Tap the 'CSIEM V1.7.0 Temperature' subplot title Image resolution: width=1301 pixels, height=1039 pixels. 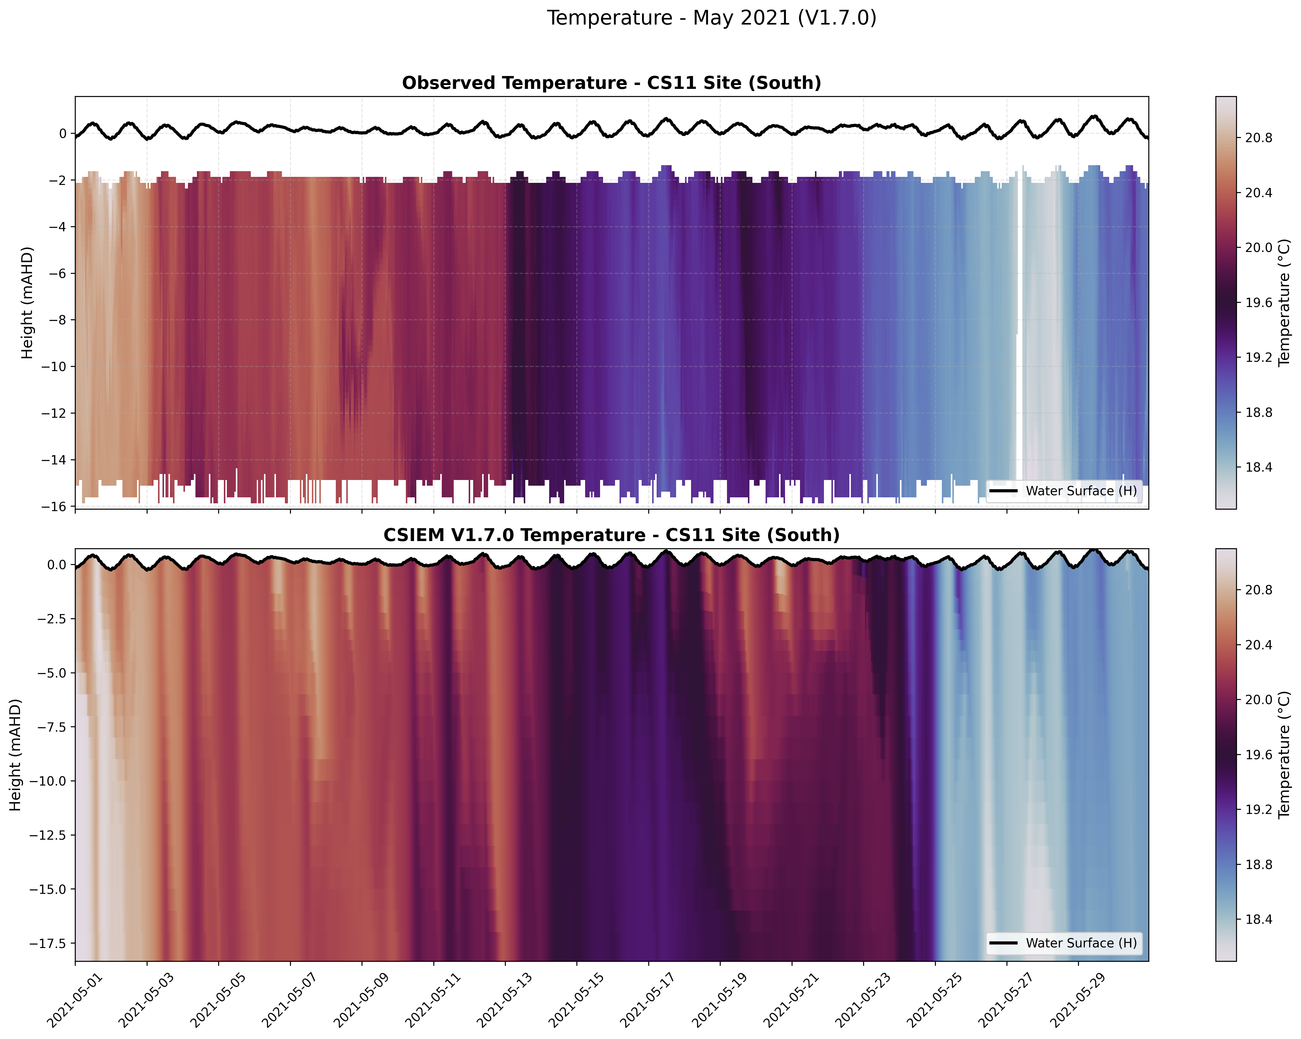point(611,535)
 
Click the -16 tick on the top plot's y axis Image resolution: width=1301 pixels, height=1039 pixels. point(54,506)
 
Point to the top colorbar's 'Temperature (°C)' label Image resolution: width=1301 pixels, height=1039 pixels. point(1284,302)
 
